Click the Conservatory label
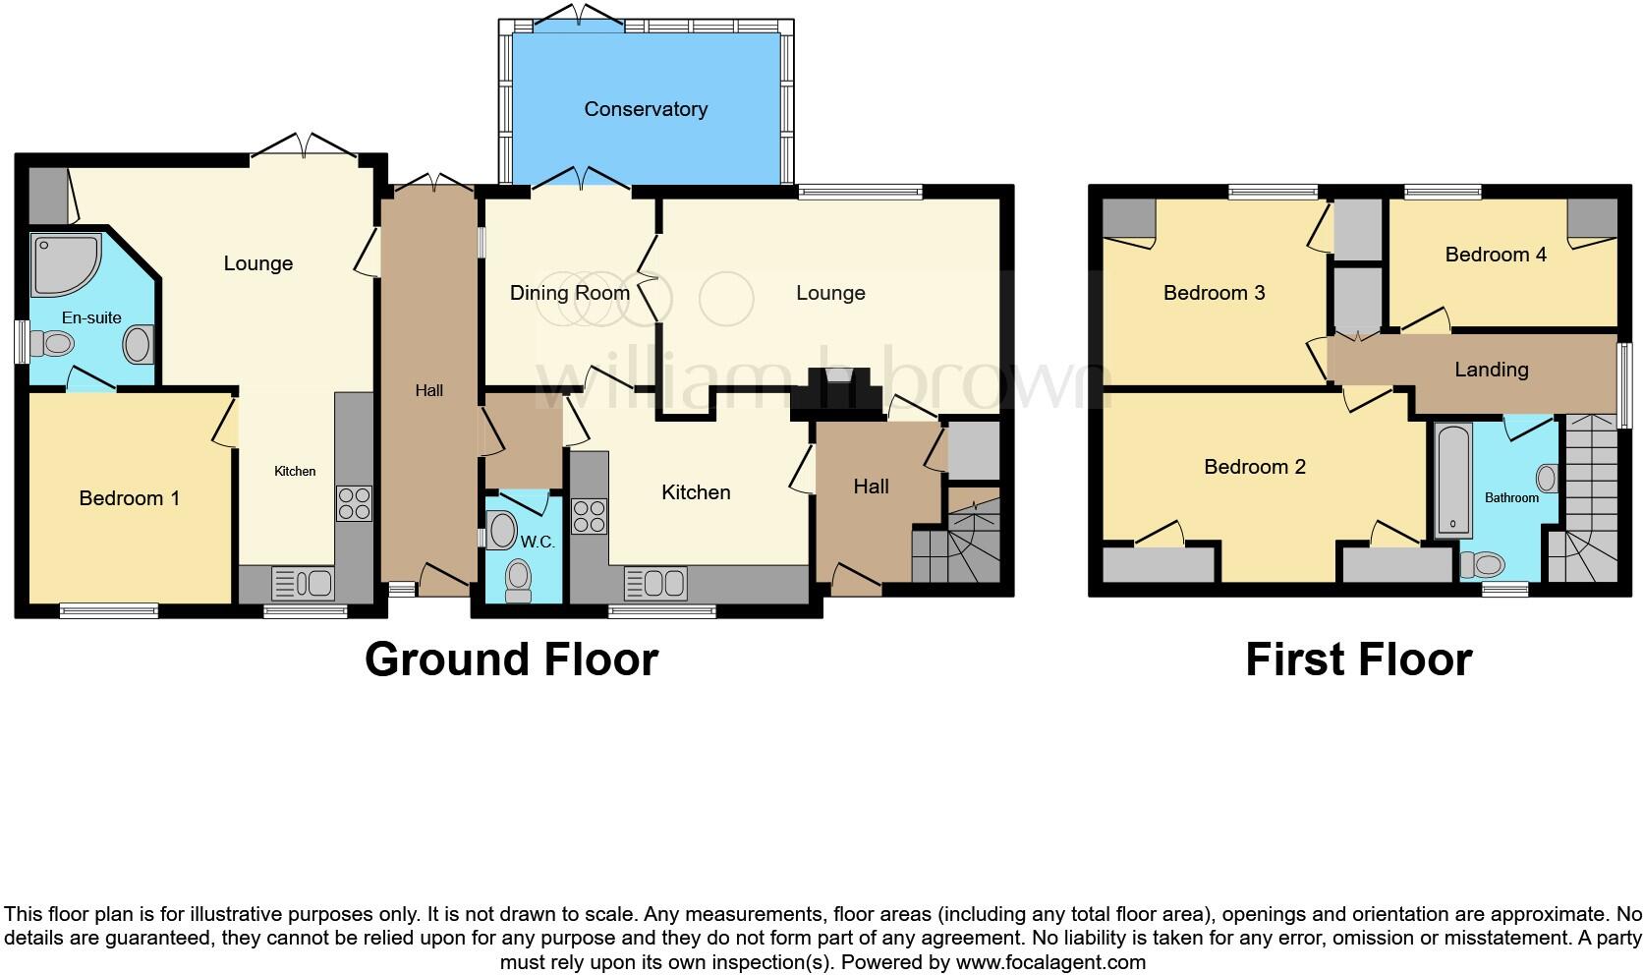[646, 109]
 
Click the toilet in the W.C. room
[518, 579]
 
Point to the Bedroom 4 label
[1496, 255]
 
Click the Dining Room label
[569, 293]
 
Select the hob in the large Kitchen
[589, 516]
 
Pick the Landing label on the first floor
[1491, 370]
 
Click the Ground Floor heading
[511, 659]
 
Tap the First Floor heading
[1358, 659]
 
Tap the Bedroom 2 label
[1254, 467]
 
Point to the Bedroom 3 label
[1214, 293]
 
